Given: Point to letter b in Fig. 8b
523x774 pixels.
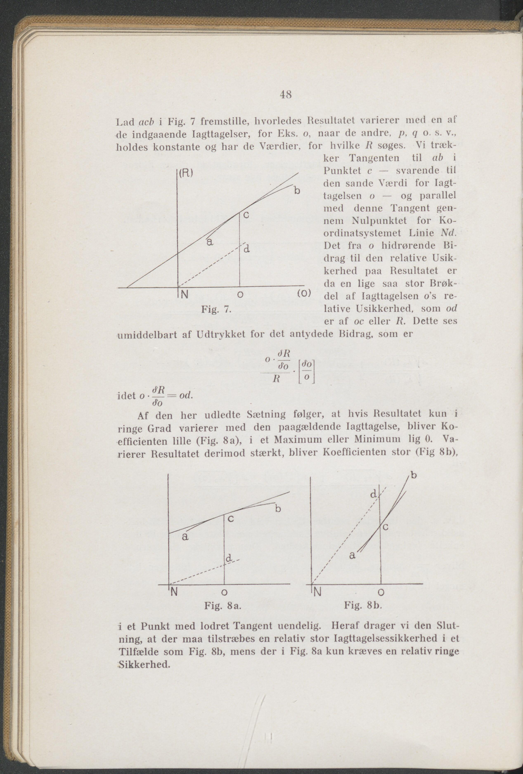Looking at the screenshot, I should pyautogui.click(x=414, y=475).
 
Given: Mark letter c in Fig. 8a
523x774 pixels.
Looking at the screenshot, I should pyautogui.click(x=231, y=519).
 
